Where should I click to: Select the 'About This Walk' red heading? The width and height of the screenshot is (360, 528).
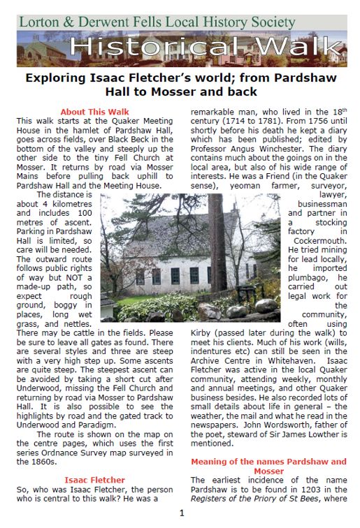pyautogui.click(x=94, y=112)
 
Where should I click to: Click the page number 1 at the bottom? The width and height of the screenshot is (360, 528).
pyautogui.click(x=181, y=515)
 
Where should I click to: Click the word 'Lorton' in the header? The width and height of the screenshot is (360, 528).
pyautogui.click(x=36, y=22)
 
